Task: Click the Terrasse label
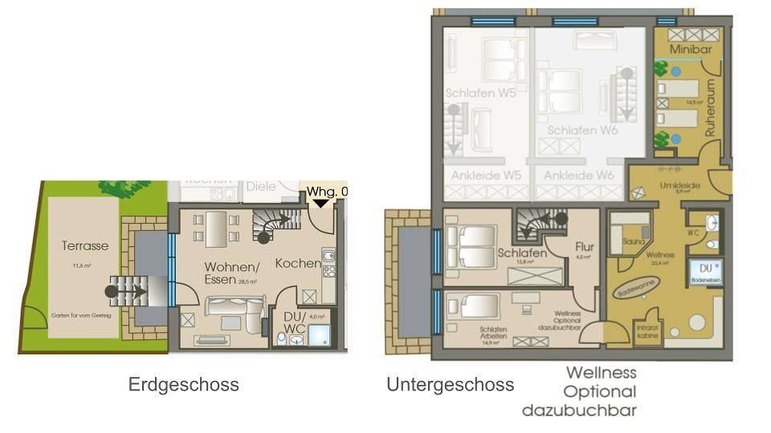(x=84, y=246)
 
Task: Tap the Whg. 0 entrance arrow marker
(x=321, y=203)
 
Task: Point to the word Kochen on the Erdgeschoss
(x=299, y=263)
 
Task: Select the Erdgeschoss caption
(x=183, y=385)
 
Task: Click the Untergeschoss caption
(x=450, y=385)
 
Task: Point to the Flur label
(x=584, y=247)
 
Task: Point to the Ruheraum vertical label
(x=711, y=108)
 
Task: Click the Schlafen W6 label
(x=582, y=129)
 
